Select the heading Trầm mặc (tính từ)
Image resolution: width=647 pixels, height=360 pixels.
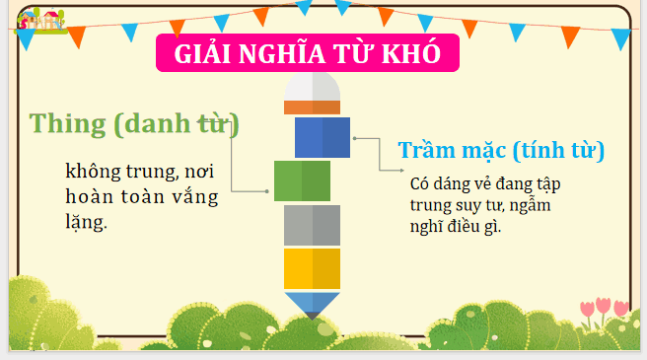click(501, 151)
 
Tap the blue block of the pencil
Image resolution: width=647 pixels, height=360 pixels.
click(323, 137)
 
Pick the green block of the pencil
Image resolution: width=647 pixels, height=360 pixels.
click(302, 180)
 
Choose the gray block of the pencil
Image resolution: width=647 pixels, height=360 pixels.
click(312, 225)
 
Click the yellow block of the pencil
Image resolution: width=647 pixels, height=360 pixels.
click(312, 268)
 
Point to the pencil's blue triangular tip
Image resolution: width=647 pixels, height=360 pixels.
click(312, 303)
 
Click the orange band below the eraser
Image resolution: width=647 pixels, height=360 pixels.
click(313, 107)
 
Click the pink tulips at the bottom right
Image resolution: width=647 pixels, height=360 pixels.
click(603, 309)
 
